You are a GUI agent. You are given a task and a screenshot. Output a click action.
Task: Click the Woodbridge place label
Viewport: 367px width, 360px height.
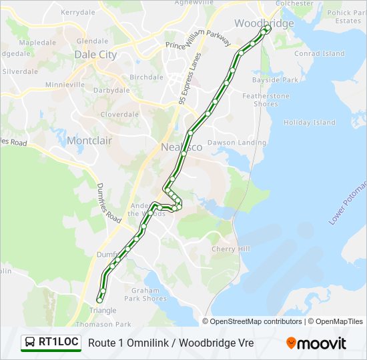(x=264, y=23)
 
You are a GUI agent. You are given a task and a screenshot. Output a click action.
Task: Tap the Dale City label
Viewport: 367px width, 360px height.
(x=95, y=55)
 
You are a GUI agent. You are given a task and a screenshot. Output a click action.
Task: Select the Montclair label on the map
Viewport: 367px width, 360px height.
(x=89, y=141)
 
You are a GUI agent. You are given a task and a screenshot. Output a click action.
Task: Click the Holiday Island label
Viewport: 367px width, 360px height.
(x=310, y=123)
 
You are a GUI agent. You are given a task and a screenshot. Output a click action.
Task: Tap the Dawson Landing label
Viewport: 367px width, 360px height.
(x=237, y=143)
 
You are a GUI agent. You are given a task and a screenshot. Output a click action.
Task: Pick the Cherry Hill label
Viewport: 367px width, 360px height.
(x=230, y=249)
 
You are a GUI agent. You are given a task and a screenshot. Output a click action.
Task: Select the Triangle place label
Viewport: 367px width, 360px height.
(x=102, y=311)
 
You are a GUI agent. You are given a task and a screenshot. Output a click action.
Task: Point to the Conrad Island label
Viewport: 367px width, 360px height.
(x=320, y=53)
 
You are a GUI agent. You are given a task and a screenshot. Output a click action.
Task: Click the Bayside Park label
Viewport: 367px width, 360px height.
(x=274, y=80)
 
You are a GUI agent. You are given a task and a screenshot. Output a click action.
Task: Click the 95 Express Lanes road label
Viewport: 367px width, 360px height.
(x=190, y=79)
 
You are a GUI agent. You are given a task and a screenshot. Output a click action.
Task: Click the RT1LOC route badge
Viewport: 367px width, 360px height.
(x=51, y=343)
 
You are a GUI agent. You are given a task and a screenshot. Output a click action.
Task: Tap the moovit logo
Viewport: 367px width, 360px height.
(x=316, y=343)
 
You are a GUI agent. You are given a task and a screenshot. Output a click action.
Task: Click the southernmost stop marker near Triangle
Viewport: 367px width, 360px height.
(x=100, y=300)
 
